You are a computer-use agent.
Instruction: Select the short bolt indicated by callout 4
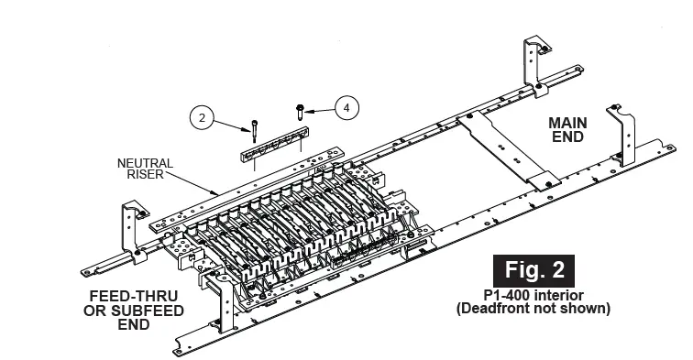tap(300, 111)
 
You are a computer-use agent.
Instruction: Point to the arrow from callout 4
tap(319, 109)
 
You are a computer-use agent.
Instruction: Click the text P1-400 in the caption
tap(507, 295)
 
